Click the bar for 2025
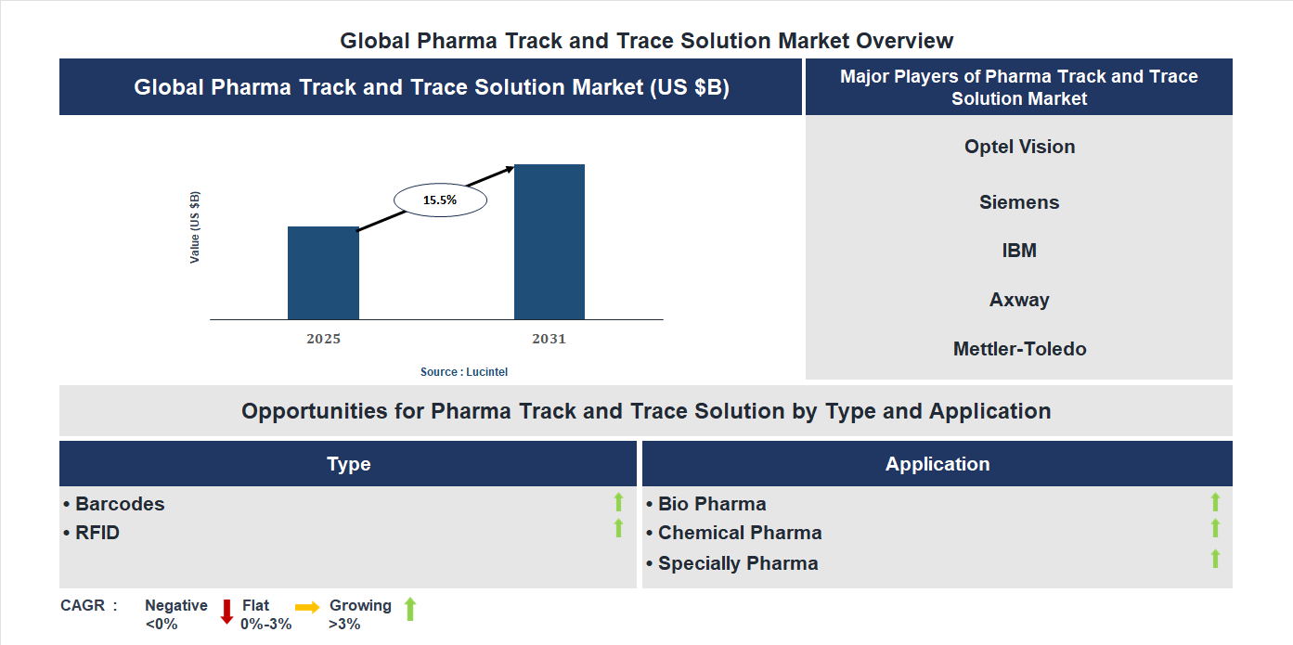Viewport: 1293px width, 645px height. (x=323, y=273)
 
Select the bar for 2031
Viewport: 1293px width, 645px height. (x=550, y=242)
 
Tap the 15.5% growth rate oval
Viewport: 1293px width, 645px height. (x=440, y=200)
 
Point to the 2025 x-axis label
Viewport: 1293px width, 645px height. (x=323, y=339)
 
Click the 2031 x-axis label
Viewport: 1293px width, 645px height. (x=549, y=339)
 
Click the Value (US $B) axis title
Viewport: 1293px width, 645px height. (x=195, y=227)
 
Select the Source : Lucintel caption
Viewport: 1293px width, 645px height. (x=464, y=371)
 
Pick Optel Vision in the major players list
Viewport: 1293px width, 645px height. (x=1019, y=147)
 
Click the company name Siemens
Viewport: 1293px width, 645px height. (x=1019, y=202)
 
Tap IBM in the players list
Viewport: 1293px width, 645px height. (x=1019, y=251)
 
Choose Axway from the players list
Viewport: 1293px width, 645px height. (x=1019, y=300)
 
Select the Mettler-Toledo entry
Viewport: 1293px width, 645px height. (x=1019, y=349)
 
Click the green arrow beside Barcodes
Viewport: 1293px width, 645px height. (x=618, y=502)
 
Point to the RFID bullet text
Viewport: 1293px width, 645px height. (x=97, y=533)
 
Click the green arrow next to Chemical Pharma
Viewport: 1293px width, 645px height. (x=1215, y=528)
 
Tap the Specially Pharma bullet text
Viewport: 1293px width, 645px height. (x=737, y=563)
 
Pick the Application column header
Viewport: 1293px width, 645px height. (x=937, y=464)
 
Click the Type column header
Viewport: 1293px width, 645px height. (x=348, y=464)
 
